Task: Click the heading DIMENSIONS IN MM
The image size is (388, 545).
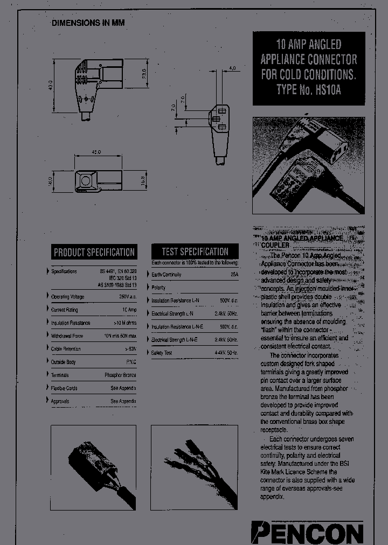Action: (88, 23)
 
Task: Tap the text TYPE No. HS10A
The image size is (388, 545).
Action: (308, 89)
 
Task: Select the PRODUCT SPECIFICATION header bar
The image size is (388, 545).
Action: (94, 252)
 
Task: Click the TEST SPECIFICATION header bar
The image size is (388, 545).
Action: (195, 251)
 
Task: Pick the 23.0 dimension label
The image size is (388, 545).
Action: (144, 73)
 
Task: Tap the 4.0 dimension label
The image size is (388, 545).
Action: (232, 69)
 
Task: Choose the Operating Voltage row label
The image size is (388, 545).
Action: (67, 297)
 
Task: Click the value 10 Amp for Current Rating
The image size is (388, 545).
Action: (129, 310)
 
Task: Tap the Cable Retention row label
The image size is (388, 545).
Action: (66, 349)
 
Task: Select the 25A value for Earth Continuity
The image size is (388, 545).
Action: (234, 275)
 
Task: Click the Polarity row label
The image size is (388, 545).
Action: (158, 288)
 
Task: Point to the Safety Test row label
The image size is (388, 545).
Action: (162, 353)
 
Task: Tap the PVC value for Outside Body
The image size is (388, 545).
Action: (130, 362)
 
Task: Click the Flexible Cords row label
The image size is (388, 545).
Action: (64, 388)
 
